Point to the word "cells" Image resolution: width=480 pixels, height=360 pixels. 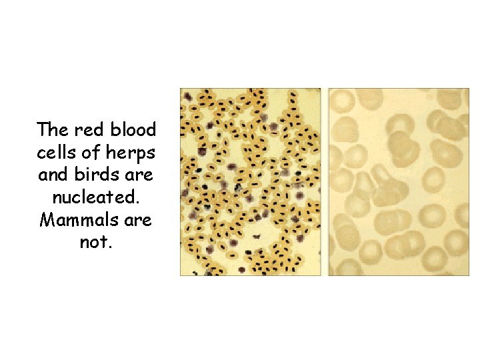55,152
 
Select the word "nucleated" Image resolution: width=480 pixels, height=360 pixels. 95,197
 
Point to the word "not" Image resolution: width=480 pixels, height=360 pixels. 94,243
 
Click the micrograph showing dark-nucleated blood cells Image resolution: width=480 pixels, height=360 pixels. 251,181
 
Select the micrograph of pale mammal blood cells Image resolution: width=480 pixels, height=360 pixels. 398,181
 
